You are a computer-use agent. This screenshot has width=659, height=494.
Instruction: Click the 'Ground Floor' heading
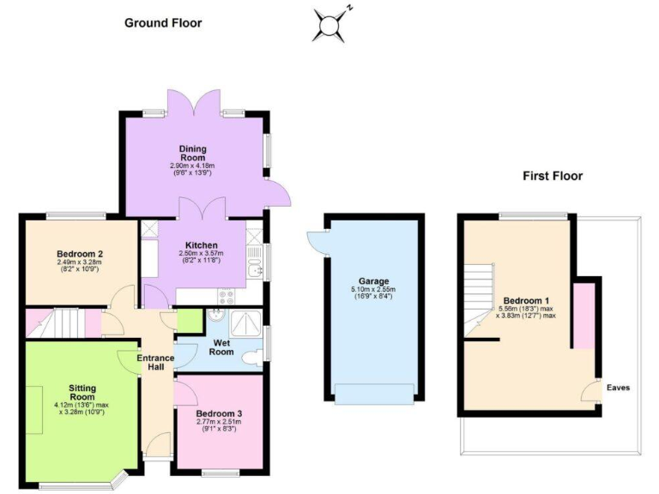click(x=163, y=22)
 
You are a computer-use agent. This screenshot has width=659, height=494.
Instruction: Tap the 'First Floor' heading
click(x=553, y=176)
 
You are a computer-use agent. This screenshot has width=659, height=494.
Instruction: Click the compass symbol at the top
click(x=329, y=25)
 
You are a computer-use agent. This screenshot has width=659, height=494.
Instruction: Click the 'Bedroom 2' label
click(x=80, y=254)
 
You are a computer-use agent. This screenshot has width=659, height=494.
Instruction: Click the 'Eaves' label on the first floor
click(x=618, y=388)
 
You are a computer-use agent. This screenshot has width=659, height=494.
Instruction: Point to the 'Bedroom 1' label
click(x=526, y=300)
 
